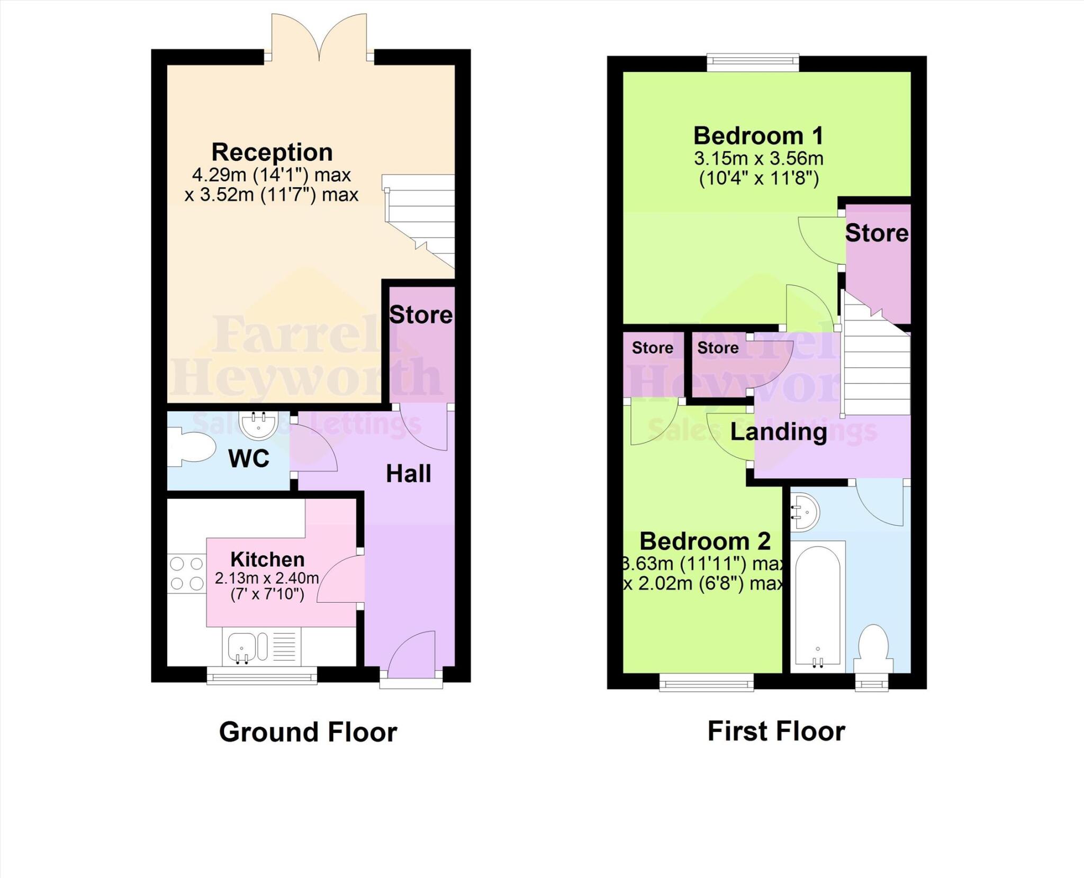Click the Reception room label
272,152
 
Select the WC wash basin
259,424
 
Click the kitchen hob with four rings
187,573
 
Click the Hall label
408,474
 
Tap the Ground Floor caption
308,732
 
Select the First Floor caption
776,731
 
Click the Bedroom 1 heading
758,136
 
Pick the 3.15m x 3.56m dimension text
758,159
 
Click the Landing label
779,432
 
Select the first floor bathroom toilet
873,648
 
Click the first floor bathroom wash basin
806,512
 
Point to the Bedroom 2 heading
705,541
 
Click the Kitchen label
267,559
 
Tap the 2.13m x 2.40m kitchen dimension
267,578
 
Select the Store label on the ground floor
421,315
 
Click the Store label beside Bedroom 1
877,233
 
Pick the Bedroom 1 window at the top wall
753,62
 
